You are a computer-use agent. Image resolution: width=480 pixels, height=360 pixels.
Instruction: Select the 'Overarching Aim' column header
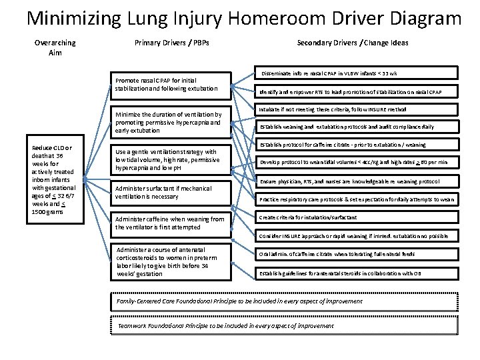55,47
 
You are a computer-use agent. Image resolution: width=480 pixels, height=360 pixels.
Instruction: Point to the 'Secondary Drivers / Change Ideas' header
352,43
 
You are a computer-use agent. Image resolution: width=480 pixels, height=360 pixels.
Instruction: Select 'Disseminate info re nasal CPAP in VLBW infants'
357,73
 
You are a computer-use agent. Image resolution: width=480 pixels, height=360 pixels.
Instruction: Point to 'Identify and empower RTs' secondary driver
357,91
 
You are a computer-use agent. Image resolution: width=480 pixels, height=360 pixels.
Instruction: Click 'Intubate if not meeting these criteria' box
357,109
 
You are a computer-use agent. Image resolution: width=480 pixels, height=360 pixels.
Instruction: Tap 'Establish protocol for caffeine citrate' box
357,145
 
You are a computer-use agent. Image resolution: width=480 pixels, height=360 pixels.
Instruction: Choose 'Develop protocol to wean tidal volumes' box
357,162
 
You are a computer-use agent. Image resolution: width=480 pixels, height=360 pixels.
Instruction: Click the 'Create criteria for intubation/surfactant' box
357,217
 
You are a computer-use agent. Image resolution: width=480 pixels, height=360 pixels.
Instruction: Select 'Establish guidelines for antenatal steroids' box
357,272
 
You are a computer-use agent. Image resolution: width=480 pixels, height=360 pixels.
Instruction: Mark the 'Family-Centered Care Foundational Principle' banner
283,301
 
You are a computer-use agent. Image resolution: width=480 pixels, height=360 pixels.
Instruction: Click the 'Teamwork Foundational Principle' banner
283,325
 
